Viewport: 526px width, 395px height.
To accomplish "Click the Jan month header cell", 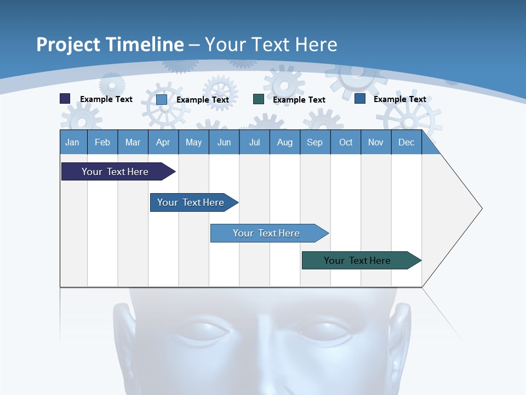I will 73,142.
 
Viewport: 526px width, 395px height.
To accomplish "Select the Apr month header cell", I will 163,142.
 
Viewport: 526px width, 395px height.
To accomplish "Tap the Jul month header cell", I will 254,142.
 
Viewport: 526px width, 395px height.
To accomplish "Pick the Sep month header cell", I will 315,142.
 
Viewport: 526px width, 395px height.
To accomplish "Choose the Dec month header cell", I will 406,142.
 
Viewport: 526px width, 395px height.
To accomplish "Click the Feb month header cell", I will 102,142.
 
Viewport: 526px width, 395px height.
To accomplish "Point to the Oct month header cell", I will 346,142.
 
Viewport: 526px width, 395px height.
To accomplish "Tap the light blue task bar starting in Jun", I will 267,233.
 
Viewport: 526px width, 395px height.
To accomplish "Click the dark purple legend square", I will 65,99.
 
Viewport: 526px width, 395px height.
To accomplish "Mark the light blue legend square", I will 162,99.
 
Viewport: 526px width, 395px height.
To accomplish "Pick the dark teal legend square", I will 259,99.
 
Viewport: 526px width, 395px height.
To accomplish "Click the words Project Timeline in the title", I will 110,44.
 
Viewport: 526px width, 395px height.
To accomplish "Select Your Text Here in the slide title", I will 271,44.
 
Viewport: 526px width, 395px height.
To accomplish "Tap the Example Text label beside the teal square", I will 299,100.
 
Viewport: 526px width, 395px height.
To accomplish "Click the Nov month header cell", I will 376,142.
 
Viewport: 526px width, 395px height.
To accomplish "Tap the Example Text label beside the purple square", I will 106,99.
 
